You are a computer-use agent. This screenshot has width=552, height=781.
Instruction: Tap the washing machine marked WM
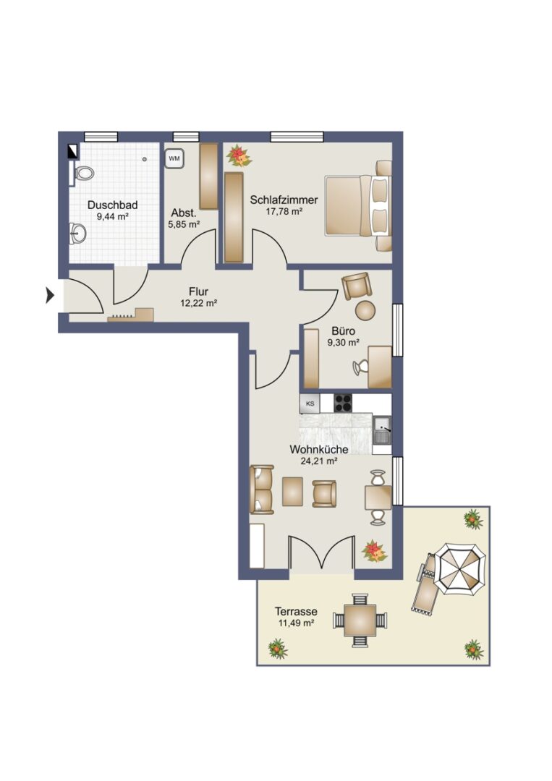174,159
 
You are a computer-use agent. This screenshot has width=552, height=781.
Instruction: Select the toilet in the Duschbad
83,174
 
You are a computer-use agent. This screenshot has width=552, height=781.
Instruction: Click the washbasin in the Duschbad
78,233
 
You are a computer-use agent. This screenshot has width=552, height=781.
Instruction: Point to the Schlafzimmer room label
284,200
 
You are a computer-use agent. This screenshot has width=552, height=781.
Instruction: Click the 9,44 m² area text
113,216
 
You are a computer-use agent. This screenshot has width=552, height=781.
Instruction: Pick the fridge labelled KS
310,404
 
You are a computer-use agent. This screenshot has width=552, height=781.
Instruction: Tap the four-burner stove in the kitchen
344,403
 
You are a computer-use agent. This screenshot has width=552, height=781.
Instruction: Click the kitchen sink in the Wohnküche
383,431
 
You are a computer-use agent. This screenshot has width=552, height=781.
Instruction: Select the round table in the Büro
365,310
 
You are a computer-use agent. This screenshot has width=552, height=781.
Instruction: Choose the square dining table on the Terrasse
362,620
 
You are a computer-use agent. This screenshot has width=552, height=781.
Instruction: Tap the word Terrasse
296,612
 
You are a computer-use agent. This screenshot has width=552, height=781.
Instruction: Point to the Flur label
198,292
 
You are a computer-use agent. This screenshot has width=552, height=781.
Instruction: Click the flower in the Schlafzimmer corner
239,156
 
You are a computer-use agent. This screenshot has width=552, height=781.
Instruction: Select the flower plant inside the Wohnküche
375,551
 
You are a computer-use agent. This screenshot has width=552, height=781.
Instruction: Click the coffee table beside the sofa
292,492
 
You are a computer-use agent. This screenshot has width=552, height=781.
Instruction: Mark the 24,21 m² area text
319,461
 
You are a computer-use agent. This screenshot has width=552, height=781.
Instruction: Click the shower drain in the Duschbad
145,159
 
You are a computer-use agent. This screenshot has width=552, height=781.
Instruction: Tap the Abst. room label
183,213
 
